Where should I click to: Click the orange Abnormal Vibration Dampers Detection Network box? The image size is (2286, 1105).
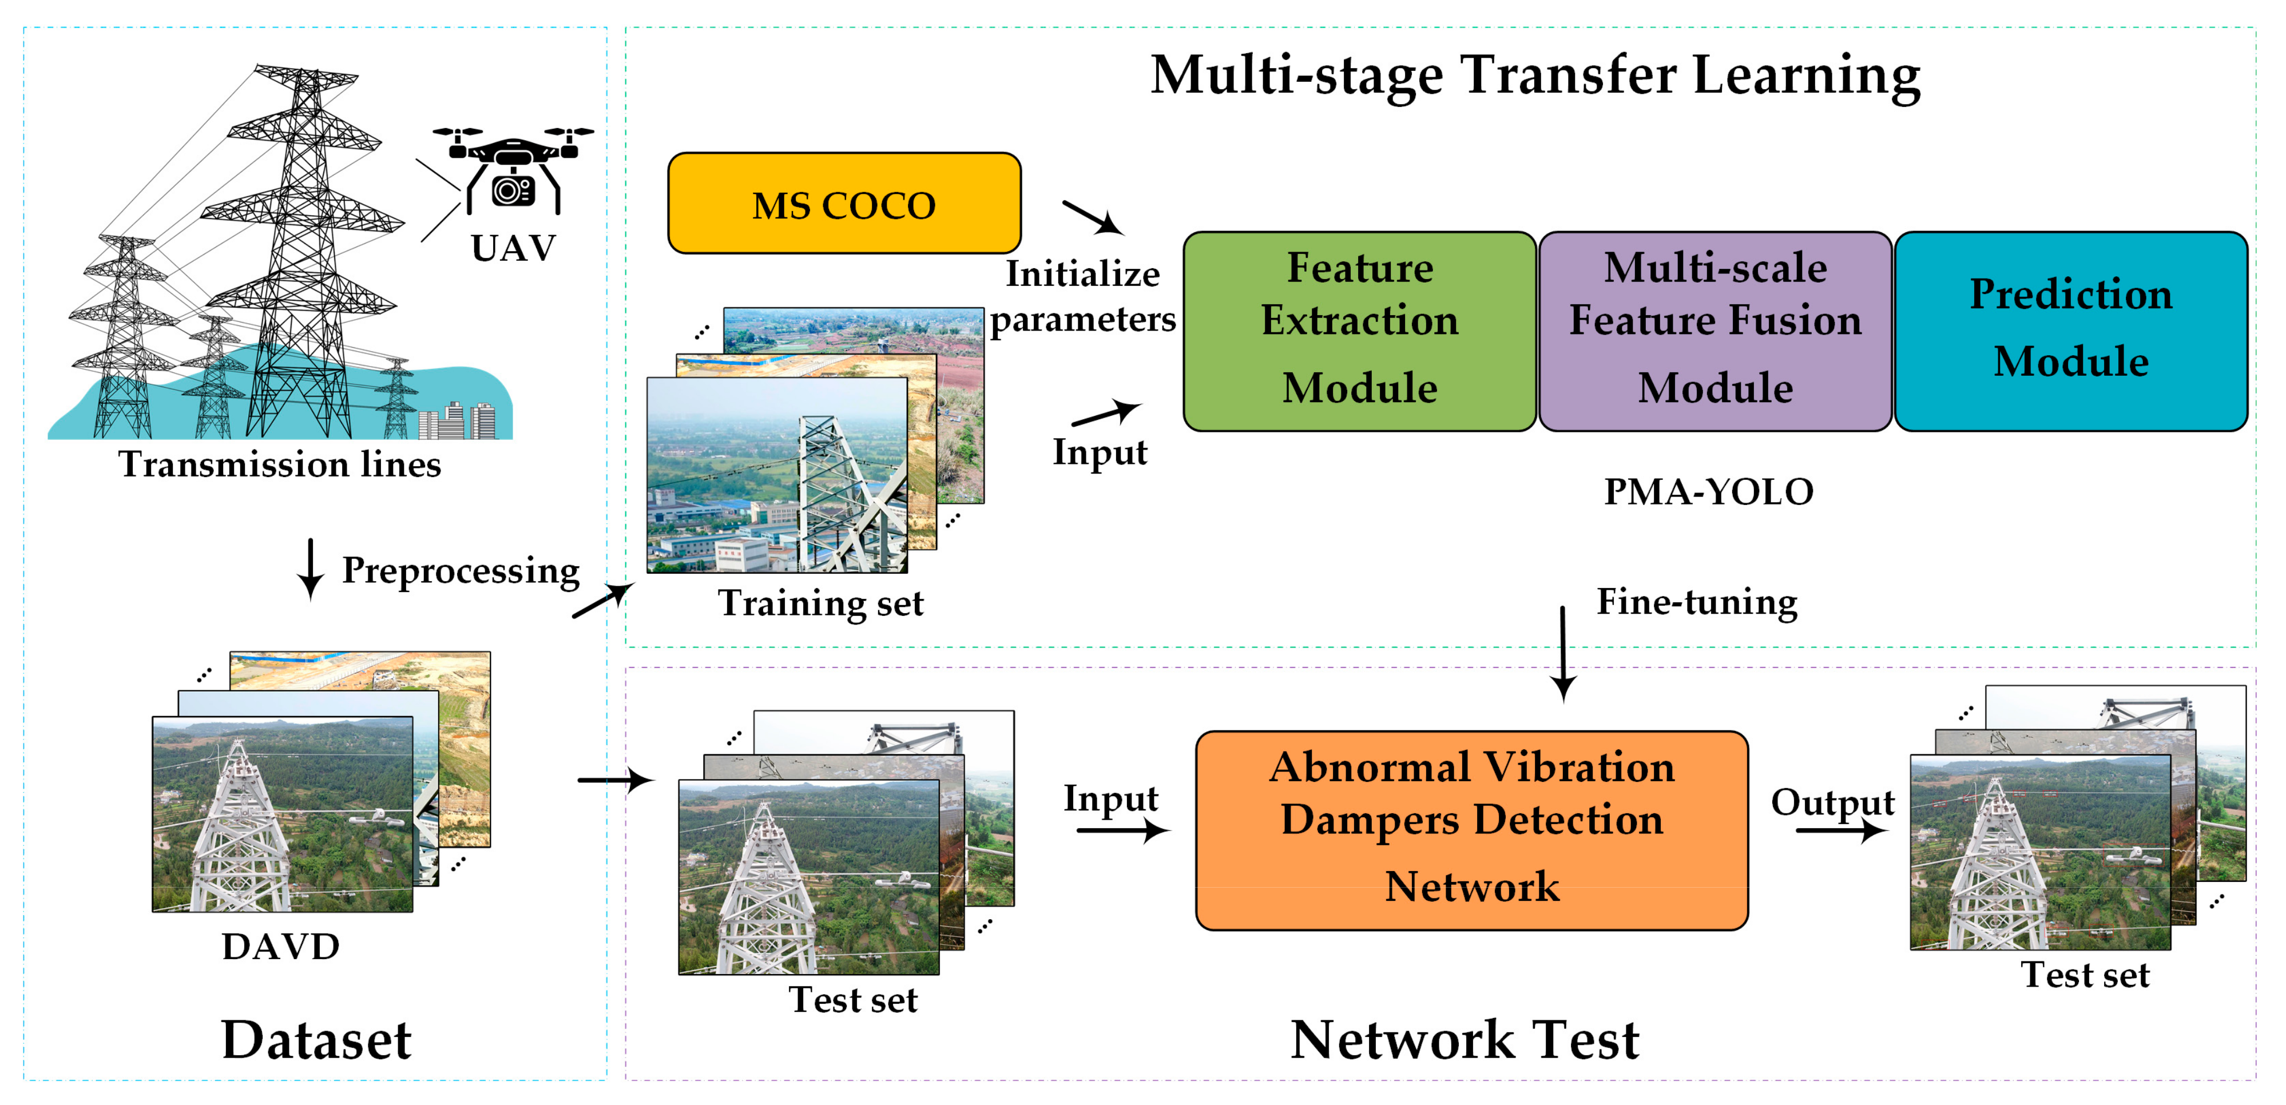(x=1471, y=830)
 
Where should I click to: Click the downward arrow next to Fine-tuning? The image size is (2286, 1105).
(x=1563, y=653)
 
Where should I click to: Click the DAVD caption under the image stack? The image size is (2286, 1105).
(x=280, y=946)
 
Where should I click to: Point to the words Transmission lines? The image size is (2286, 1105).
(x=280, y=464)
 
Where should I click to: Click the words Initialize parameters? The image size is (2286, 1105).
(x=1083, y=296)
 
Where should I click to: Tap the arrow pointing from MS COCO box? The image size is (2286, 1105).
(x=1093, y=217)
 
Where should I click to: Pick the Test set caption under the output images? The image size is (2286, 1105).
(x=2085, y=975)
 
